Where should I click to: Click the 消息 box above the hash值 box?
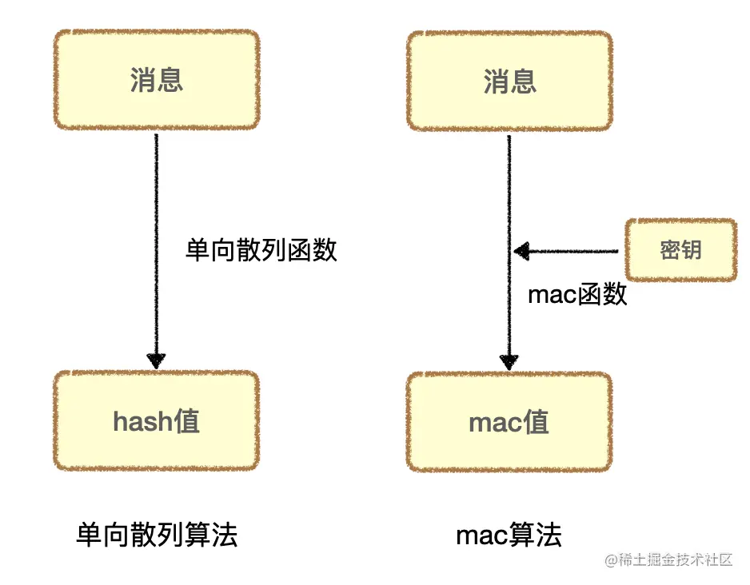coord(157,80)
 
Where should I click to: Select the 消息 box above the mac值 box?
coord(509,80)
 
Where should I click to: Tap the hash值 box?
coord(157,421)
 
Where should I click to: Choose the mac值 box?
coord(509,421)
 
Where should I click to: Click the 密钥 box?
coord(680,250)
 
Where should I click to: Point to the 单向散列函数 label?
coord(261,250)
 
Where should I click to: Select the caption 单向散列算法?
coord(157,535)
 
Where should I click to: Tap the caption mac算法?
coord(509,535)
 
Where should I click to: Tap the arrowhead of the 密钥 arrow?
coord(521,252)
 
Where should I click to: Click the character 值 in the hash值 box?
coord(186,421)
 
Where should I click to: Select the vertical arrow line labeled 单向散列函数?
coord(157,240)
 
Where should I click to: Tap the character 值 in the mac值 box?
coord(536,421)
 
